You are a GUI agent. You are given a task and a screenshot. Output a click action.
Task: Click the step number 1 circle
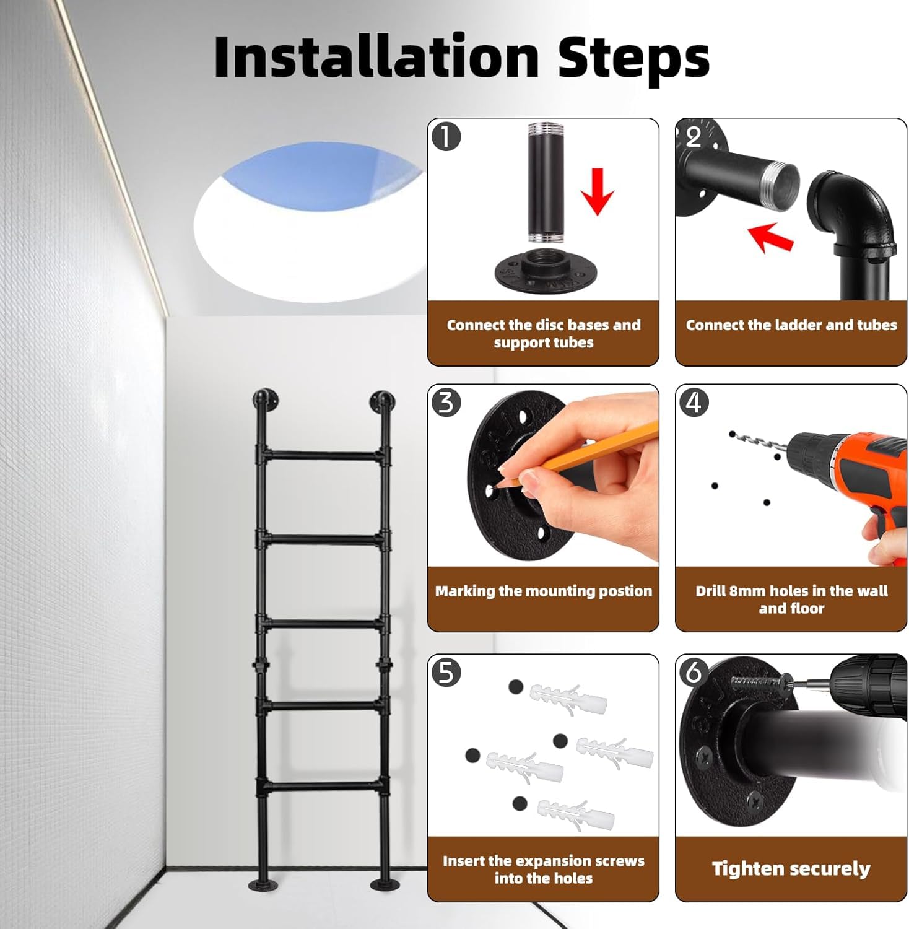(446, 136)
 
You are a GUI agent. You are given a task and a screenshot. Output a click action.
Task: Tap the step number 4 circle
(694, 403)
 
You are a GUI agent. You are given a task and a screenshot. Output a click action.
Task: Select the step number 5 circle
(446, 673)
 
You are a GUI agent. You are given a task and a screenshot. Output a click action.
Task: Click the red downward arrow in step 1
(597, 191)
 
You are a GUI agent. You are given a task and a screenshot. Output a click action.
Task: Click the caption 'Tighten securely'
(791, 869)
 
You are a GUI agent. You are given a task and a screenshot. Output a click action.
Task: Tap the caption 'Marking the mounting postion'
(543, 591)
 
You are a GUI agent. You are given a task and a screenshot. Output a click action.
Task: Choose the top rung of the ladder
(323, 456)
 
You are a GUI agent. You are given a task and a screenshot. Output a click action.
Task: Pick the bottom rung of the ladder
(323, 787)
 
